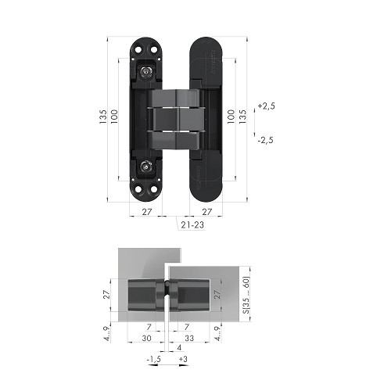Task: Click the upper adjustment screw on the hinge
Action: [147, 71]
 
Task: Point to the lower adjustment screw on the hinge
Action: [147, 167]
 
